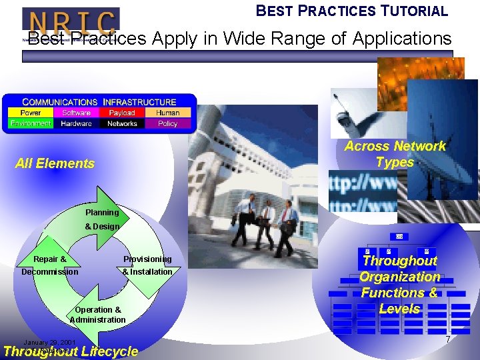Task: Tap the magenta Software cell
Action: [76, 113]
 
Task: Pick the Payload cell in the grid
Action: [122, 113]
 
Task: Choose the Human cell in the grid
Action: [168, 113]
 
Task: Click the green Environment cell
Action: [30, 123]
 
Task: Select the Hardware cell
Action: [76, 123]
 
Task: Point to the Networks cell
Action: [122, 123]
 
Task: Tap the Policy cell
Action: [168, 123]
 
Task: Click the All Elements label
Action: [55, 163]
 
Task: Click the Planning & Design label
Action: [102, 219]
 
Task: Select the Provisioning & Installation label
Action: [147, 265]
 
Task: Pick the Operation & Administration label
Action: [98, 315]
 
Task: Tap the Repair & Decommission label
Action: [50, 265]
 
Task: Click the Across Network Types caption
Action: [395, 154]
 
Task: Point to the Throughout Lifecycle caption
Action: [71, 352]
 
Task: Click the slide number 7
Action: [448, 341]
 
